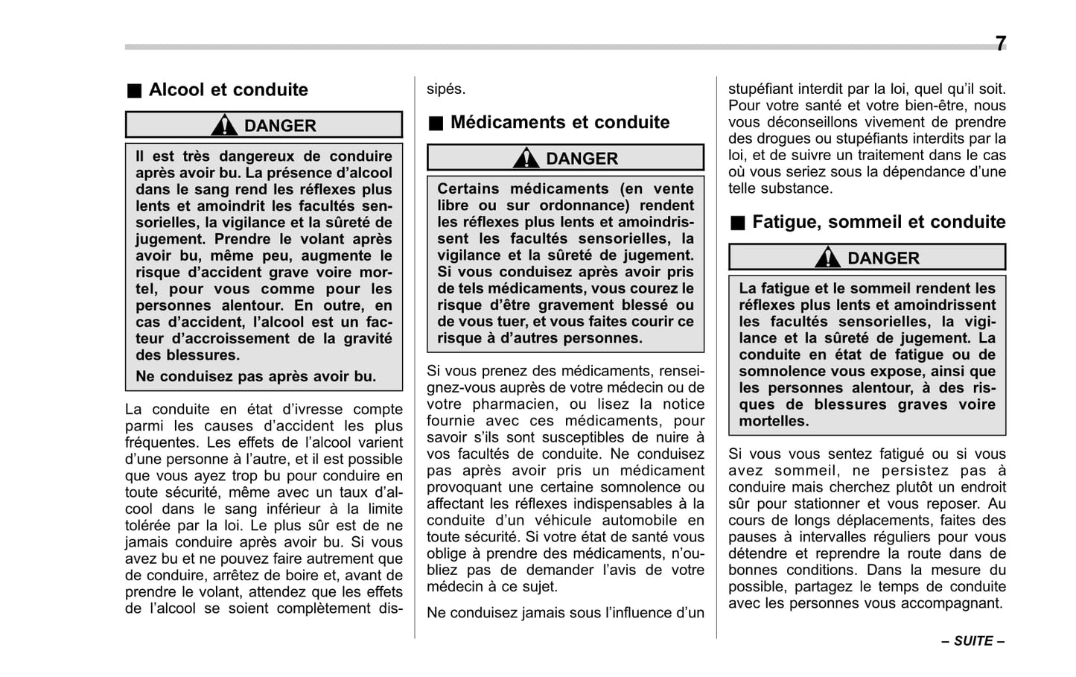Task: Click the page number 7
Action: [1000, 43]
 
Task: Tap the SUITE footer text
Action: [972, 641]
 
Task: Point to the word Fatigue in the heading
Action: [785, 222]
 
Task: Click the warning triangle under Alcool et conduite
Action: [224, 125]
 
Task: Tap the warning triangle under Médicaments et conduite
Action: [526, 158]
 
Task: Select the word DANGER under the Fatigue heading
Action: [883, 258]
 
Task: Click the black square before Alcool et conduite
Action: [133, 91]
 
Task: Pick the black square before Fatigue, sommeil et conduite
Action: [736, 223]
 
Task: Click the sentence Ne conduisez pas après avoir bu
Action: [255, 376]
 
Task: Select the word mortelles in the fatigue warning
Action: [772, 421]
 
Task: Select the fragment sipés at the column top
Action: [445, 89]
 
